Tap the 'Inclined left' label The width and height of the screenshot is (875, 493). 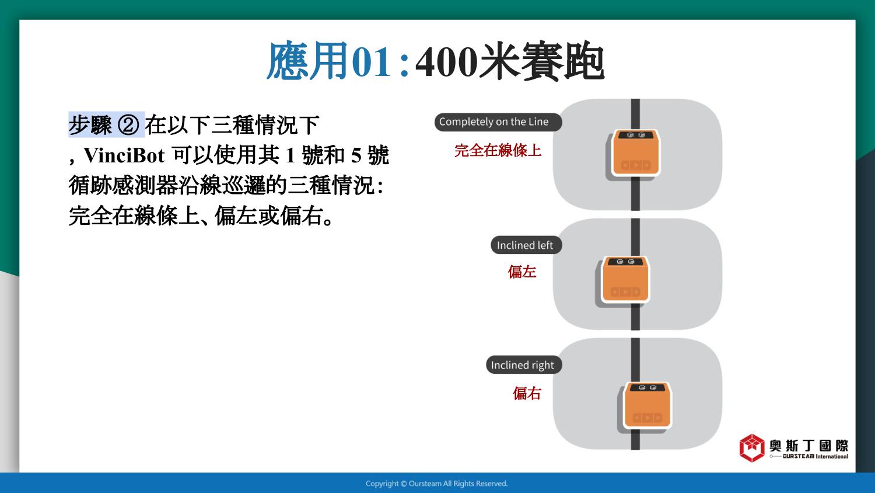point(526,245)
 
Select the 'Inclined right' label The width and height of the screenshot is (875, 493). point(523,365)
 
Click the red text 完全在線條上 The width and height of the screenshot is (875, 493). point(498,151)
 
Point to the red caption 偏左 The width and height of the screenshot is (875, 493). point(522,272)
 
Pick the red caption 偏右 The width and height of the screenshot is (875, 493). point(527,393)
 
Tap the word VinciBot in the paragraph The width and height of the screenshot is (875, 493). point(124,155)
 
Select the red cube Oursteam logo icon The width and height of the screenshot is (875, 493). point(751,448)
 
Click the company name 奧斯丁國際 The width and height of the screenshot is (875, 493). point(808,446)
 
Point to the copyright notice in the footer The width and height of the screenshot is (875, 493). point(437,484)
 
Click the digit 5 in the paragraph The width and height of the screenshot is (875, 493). point(356,156)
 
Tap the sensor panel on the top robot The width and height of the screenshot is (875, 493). point(636,135)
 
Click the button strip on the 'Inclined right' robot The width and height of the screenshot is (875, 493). point(647,418)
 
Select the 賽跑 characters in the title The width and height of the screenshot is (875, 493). point(563,62)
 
